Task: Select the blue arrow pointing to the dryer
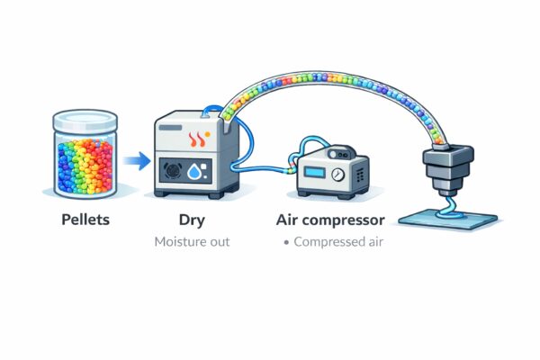click(136, 161)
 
